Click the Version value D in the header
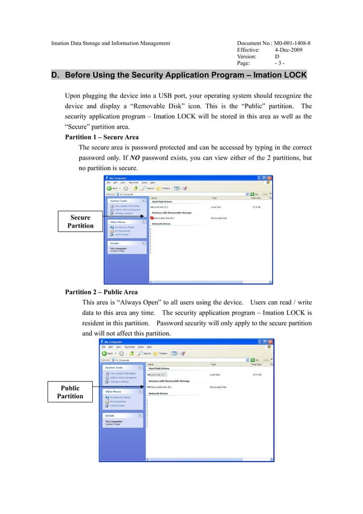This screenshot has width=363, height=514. [277, 57]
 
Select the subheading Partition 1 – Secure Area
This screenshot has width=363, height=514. [102, 137]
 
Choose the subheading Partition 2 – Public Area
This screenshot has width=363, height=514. [101, 292]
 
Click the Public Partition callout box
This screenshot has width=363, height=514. [71, 392]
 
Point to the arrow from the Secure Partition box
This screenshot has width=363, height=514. [126, 217]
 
